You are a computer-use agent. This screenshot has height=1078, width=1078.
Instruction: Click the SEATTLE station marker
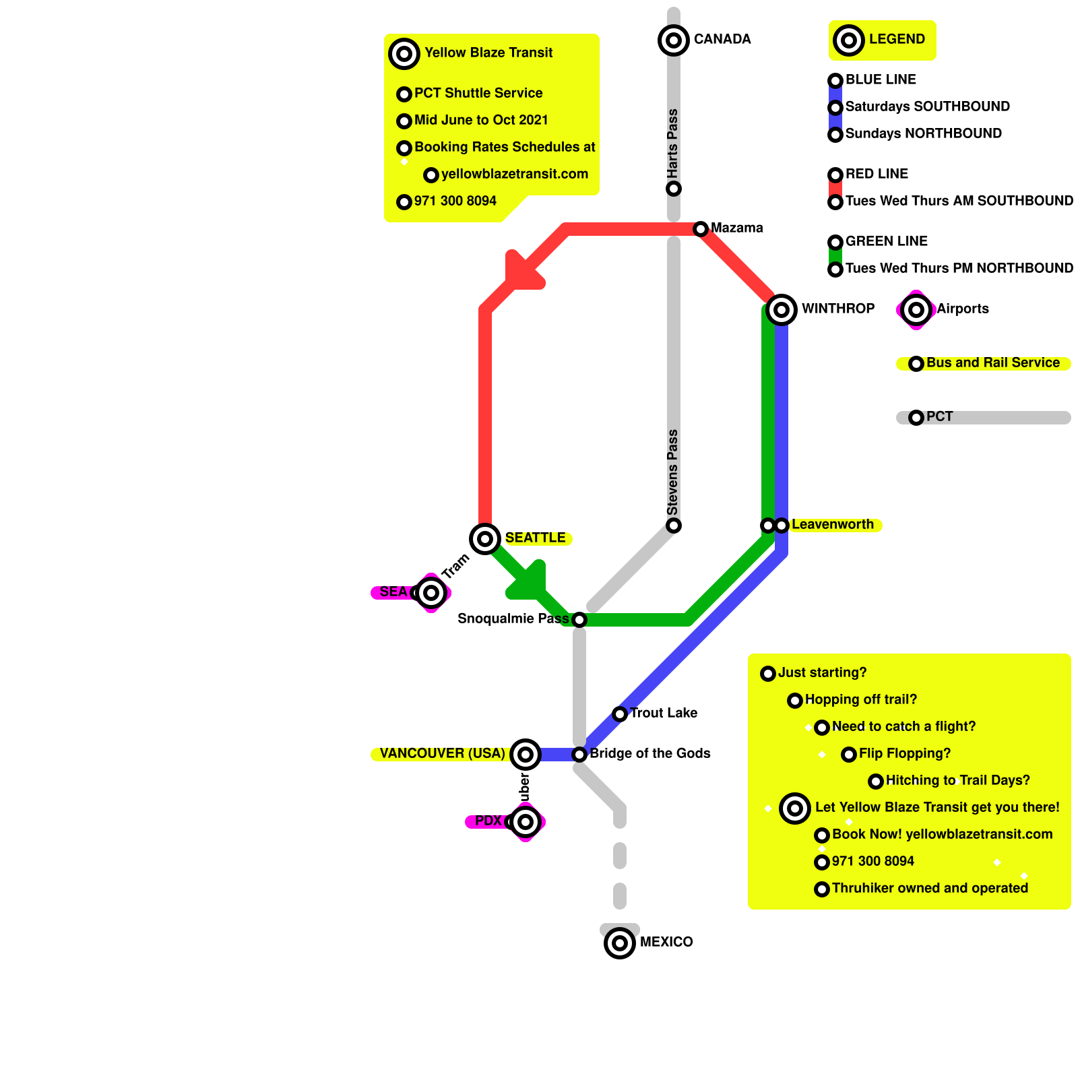[485, 538]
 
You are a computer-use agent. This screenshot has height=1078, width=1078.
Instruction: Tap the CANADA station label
[722, 39]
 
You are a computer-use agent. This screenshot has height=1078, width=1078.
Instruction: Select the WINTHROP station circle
[782, 310]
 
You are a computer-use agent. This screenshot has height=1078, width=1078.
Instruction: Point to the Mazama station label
[736, 228]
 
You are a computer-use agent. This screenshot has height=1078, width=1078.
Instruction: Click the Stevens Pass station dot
[674, 526]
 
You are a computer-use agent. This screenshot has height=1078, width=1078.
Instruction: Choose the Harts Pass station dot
[674, 189]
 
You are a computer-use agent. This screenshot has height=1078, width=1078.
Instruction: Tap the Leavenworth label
[832, 524]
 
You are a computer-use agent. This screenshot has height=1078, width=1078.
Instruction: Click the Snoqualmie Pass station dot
[579, 620]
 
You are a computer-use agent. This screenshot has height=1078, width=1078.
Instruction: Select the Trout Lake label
[663, 713]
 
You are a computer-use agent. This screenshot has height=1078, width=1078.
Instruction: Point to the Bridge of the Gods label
[649, 753]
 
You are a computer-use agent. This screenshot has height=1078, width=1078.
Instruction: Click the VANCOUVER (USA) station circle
[526, 754]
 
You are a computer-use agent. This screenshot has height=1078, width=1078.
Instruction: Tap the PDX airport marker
[526, 822]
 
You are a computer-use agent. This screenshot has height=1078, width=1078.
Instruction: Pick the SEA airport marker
[431, 593]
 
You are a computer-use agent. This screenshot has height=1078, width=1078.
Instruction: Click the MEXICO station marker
[620, 943]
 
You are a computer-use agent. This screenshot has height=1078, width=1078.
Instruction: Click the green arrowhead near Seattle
[530, 582]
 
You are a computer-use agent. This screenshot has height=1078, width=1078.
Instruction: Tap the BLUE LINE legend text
[881, 80]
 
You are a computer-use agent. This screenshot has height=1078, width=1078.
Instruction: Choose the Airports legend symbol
[916, 310]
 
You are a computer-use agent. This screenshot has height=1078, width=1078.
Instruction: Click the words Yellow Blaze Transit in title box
[488, 53]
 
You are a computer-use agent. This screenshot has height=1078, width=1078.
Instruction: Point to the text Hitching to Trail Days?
[957, 780]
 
